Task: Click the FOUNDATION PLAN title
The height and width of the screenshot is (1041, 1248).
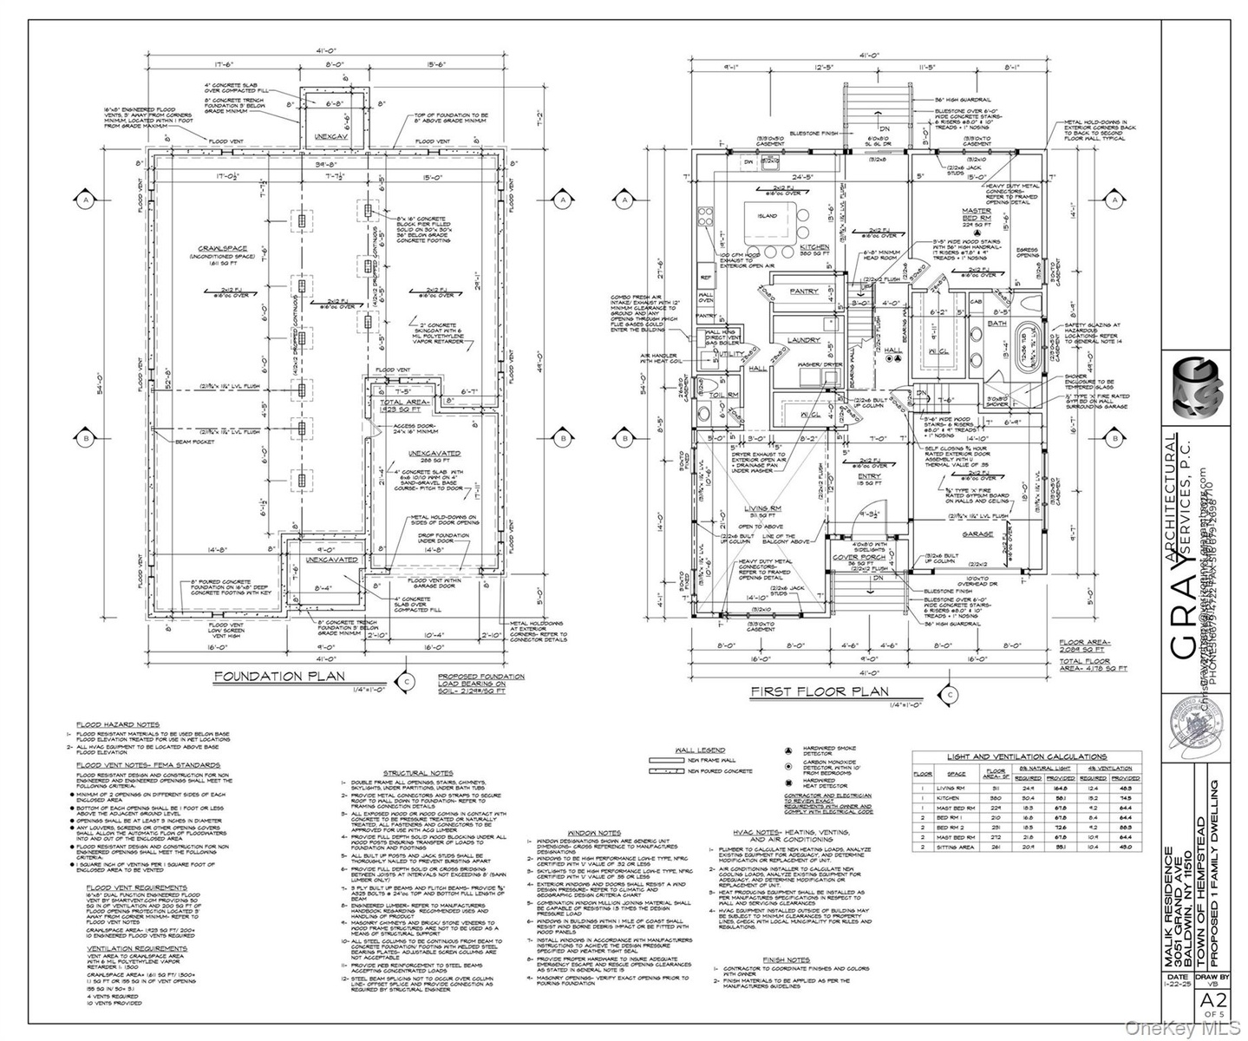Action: [279, 676]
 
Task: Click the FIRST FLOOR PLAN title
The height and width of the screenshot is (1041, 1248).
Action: [819, 691]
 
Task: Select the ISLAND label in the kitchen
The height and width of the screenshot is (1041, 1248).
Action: [767, 215]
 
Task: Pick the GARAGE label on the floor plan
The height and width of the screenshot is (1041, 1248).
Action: [977, 534]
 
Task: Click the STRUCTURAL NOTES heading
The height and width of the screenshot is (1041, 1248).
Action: [417, 772]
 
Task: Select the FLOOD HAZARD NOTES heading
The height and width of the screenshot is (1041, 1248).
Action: [117, 723]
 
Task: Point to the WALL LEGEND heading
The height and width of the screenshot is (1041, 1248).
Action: [701, 750]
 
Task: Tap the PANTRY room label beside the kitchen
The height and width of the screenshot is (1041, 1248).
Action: [804, 291]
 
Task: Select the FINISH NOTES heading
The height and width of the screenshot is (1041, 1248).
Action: [787, 959]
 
